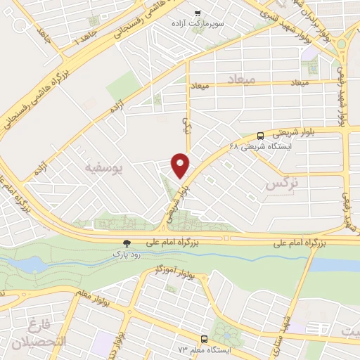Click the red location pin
pyautogui.click(x=181, y=165)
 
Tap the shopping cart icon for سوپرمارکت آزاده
pyautogui.click(x=199, y=13)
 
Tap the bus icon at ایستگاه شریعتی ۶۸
pyautogui.click(x=261, y=136)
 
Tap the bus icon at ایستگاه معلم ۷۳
pyautogui.click(x=204, y=339)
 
